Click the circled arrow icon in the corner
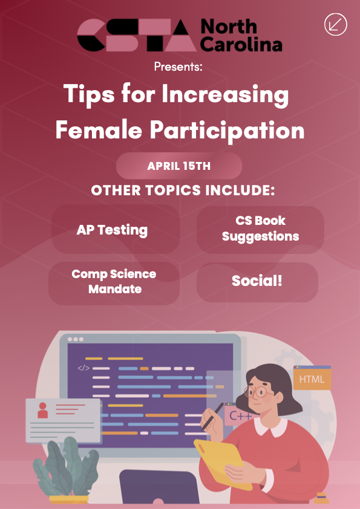click(336, 24)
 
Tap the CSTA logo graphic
click(137, 35)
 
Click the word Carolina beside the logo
click(241, 44)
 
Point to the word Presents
click(178, 66)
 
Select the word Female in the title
click(99, 130)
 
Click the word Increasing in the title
click(225, 95)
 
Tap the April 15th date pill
click(179, 166)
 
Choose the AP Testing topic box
click(116, 229)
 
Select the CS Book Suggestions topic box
click(260, 229)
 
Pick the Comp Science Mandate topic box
click(114, 283)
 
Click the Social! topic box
click(257, 282)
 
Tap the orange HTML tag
click(312, 378)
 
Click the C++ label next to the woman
click(240, 415)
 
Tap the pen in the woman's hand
click(212, 417)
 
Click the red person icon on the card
click(42, 410)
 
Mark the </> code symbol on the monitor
click(83, 368)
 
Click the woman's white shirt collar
click(270, 427)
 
